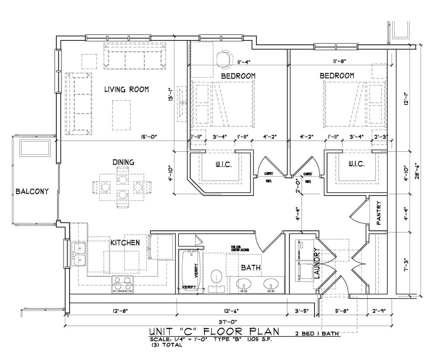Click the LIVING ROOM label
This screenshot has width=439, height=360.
[x=126, y=89]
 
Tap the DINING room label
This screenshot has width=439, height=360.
[x=123, y=162]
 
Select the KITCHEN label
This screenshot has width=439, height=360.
[x=125, y=242]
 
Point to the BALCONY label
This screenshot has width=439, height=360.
[x=32, y=192]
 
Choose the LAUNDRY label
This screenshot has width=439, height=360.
[x=317, y=263]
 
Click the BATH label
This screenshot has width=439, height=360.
[x=251, y=267]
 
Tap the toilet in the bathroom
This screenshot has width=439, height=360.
[x=217, y=278]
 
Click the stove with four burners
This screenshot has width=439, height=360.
[x=122, y=284]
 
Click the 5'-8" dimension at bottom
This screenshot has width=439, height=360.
[x=342, y=311]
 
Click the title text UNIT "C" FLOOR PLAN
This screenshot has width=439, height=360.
[x=214, y=331]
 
